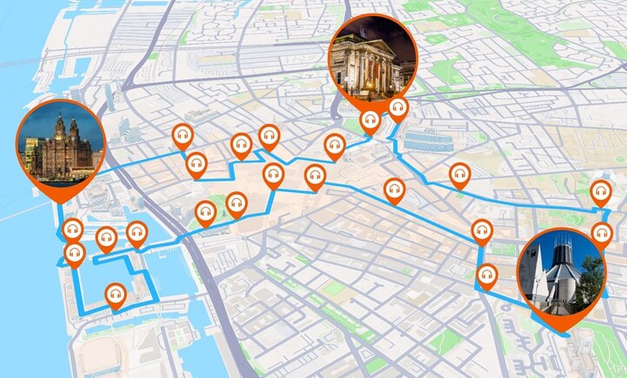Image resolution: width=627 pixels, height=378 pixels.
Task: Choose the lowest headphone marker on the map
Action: click(x=115, y=294)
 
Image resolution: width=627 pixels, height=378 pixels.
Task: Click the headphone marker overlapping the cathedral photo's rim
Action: click(x=602, y=233)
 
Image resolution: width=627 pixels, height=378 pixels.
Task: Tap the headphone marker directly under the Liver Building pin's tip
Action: click(x=71, y=231)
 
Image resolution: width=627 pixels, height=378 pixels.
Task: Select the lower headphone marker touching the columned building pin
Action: click(x=371, y=120)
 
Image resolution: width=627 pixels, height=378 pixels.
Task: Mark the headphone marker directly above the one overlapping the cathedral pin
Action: click(x=600, y=192)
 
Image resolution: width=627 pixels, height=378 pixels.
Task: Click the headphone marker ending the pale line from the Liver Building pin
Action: click(x=181, y=136)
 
